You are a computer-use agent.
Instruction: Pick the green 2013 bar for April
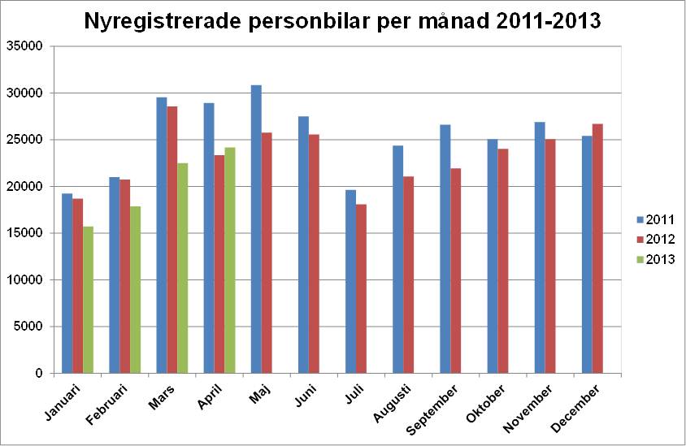230,260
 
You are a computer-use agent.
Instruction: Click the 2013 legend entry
655,259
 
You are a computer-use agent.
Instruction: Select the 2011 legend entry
655,219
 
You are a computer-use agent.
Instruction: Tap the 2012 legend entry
655,239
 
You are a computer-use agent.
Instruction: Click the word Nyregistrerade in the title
165,21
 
